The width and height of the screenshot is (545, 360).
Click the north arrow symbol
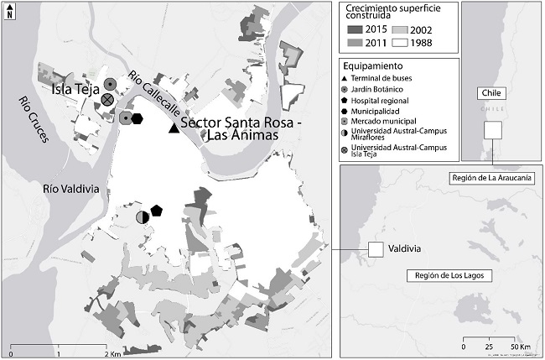click(x=9, y=13)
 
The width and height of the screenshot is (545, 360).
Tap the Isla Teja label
click(x=76, y=88)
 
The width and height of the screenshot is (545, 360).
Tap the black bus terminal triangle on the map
click(x=174, y=128)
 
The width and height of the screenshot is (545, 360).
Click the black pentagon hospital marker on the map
click(x=156, y=210)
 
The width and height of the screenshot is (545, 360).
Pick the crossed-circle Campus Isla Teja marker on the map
click(x=107, y=100)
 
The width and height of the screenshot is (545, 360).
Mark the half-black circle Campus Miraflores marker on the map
click(x=143, y=217)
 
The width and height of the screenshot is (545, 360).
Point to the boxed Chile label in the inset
click(x=490, y=93)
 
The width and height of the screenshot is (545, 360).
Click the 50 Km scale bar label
click(x=520, y=346)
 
